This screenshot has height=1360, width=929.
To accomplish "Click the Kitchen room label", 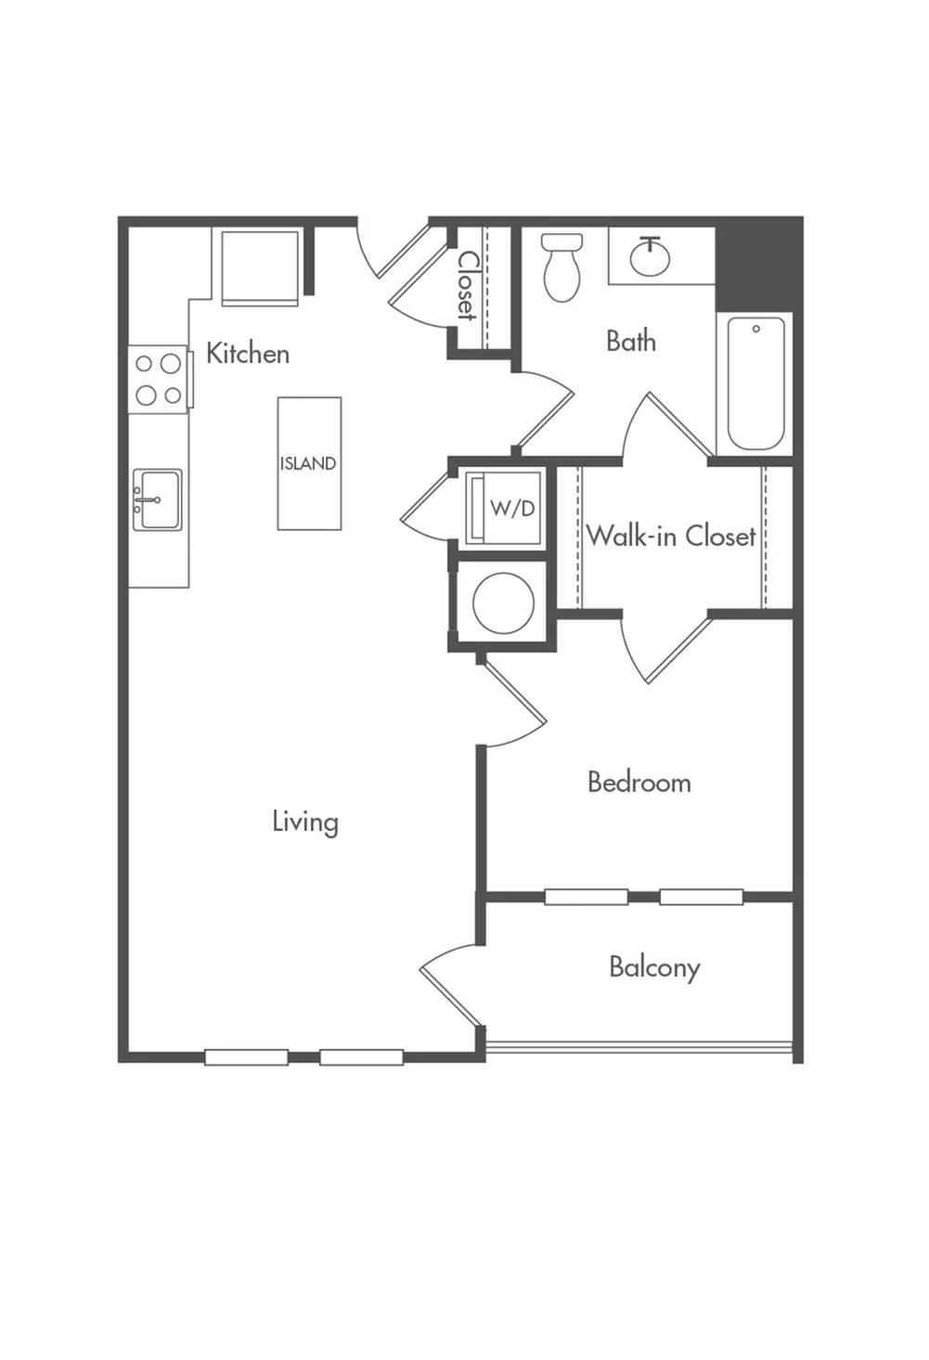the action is (x=248, y=354).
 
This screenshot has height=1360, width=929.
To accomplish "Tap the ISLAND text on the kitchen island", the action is (x=308, y=464).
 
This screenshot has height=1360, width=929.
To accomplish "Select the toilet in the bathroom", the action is (x=561, y=267).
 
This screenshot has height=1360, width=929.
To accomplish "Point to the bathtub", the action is (x=755, y=383).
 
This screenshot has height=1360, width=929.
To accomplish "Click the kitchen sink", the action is (x=157, y=499).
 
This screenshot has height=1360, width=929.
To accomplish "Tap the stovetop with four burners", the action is (x=158, y=380).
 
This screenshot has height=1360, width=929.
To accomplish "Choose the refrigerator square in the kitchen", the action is (x=260, y=267).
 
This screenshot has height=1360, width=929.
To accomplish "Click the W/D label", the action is (x=512, y=508).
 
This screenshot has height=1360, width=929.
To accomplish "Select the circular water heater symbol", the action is (x=504, y=602).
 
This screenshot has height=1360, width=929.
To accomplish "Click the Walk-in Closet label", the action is (x=671, y=536).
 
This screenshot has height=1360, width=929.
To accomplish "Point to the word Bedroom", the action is (x=639, y=782).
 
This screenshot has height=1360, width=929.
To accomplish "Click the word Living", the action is (x=305, y=822).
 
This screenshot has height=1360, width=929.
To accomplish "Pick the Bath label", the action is (x=631, y=341).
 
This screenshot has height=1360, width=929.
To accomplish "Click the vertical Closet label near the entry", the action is (x=468, y=285).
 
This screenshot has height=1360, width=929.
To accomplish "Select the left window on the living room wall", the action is (x=246, y=1057).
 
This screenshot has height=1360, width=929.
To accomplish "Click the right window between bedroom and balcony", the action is (x=702, y=897).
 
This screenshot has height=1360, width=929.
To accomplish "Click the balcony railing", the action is (x=639, y=1046).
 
